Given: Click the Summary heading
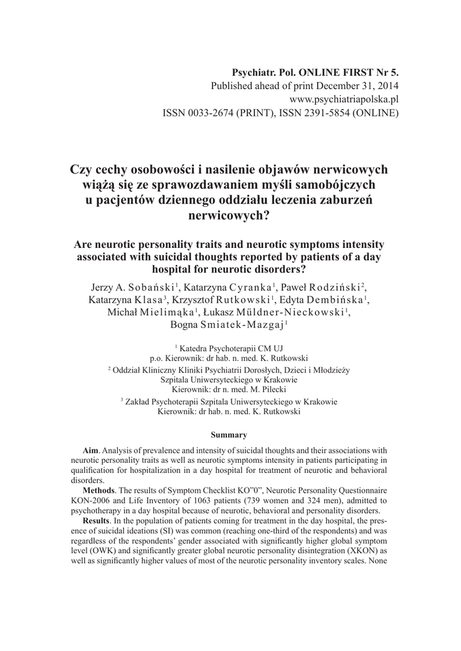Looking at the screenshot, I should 229,435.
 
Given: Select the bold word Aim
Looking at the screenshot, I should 83,450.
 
